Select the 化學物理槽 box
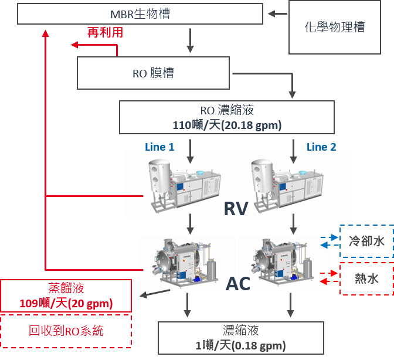tap(335, 26)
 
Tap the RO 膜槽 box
tap(153, 73)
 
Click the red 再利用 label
tap(105, 33)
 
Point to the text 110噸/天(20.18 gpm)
tap(227, 125)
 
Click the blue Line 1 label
tap(159, 147)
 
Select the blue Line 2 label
tap(321, 147)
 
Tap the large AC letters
tap(239, 283)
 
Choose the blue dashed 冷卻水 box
tap(366, 241)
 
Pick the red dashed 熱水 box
tap(366, 279)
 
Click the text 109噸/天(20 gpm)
tap(66, 304)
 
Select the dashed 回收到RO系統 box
tap(66, 331)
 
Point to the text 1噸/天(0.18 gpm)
tap(240, 345)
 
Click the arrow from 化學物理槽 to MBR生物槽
tap(278, 13)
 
